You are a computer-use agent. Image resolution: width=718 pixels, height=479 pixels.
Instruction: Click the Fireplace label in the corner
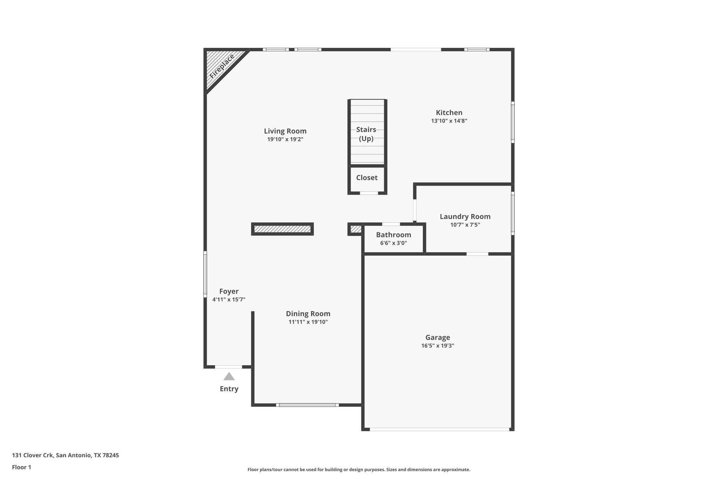point(222,66)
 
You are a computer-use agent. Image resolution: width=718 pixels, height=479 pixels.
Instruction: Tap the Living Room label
point(285,131)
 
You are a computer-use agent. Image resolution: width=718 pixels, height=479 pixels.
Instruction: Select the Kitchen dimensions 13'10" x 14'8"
point(449,121)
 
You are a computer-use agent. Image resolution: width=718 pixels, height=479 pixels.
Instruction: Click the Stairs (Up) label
point(366,134)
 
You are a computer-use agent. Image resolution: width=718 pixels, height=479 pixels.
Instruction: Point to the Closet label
point(367,178)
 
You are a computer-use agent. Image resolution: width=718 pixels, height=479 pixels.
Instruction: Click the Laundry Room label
point(465,217)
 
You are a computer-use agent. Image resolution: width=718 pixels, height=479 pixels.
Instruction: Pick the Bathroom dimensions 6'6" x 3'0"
point(393,243)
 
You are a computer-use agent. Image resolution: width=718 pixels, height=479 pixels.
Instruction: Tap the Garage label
point(438,338)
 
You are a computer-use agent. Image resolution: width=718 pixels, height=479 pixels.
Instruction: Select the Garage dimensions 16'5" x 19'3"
point(438,346)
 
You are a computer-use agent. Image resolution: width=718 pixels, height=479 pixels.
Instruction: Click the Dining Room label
point(308,314)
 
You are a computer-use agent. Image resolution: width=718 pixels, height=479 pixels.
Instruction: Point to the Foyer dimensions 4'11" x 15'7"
point(229,300)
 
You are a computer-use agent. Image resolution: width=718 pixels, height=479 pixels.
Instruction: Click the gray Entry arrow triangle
point(229,377)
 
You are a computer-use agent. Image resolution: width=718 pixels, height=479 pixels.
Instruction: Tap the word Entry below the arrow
point(229,389)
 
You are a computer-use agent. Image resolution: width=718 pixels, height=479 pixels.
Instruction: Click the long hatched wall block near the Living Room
point(282,229)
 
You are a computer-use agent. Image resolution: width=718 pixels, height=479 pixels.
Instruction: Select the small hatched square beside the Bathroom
point(355,229)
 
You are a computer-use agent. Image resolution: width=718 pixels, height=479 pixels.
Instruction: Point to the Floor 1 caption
point(21,467)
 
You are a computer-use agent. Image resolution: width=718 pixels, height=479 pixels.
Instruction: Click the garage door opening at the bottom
point(439,429)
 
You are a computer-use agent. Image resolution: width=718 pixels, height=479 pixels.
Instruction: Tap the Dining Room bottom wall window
point(307,405)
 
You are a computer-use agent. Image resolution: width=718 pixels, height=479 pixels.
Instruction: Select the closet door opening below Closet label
point(369,193)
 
